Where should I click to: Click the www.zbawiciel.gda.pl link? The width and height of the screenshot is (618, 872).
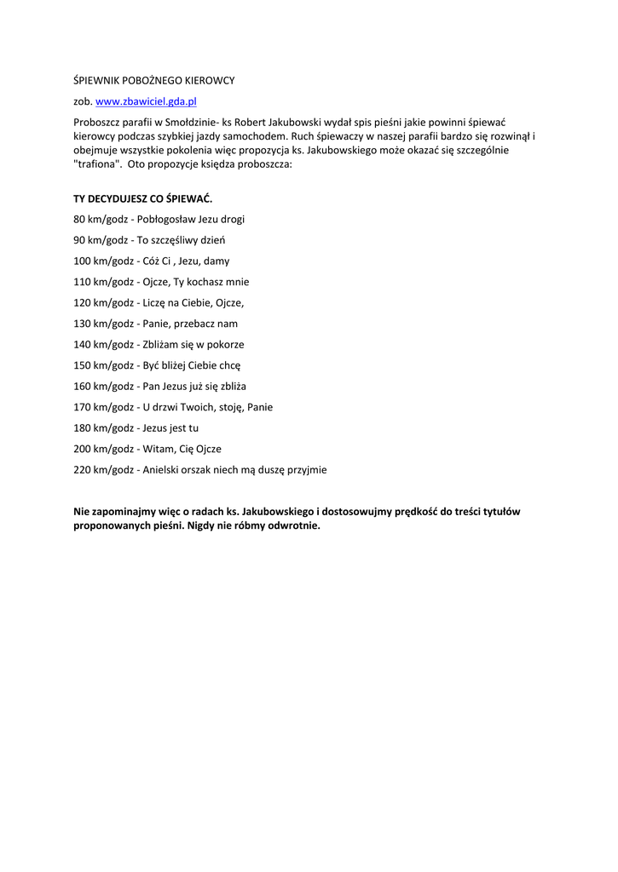[146, 101]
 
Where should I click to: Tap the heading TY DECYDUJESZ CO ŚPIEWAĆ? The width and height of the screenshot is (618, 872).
[142, 198]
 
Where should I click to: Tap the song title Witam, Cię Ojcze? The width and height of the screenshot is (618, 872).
[179, 449]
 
